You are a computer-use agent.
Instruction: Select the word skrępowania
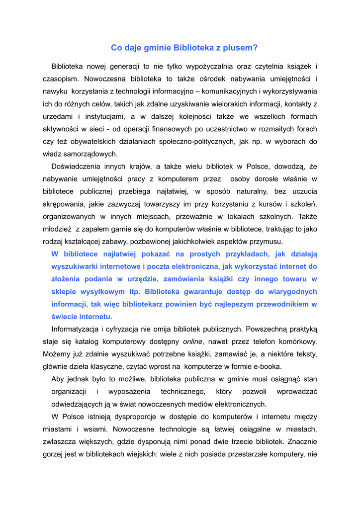pyautogui.click(x=63, y=204)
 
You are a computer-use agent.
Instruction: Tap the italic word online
pyautogui.click(x=192, y=341)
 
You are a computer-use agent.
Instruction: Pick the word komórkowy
pyautogui.click(x=297, y=341)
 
